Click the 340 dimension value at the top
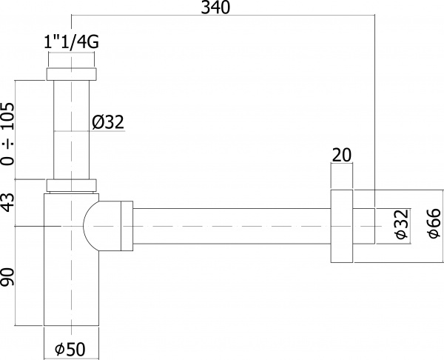coord(215,8)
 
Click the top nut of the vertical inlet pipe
coord(72,74)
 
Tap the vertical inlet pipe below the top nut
coord(72,130)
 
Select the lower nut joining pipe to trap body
coord(72,186)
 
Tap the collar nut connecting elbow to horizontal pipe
coord(125,225)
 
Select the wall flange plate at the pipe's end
coord(341,225)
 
